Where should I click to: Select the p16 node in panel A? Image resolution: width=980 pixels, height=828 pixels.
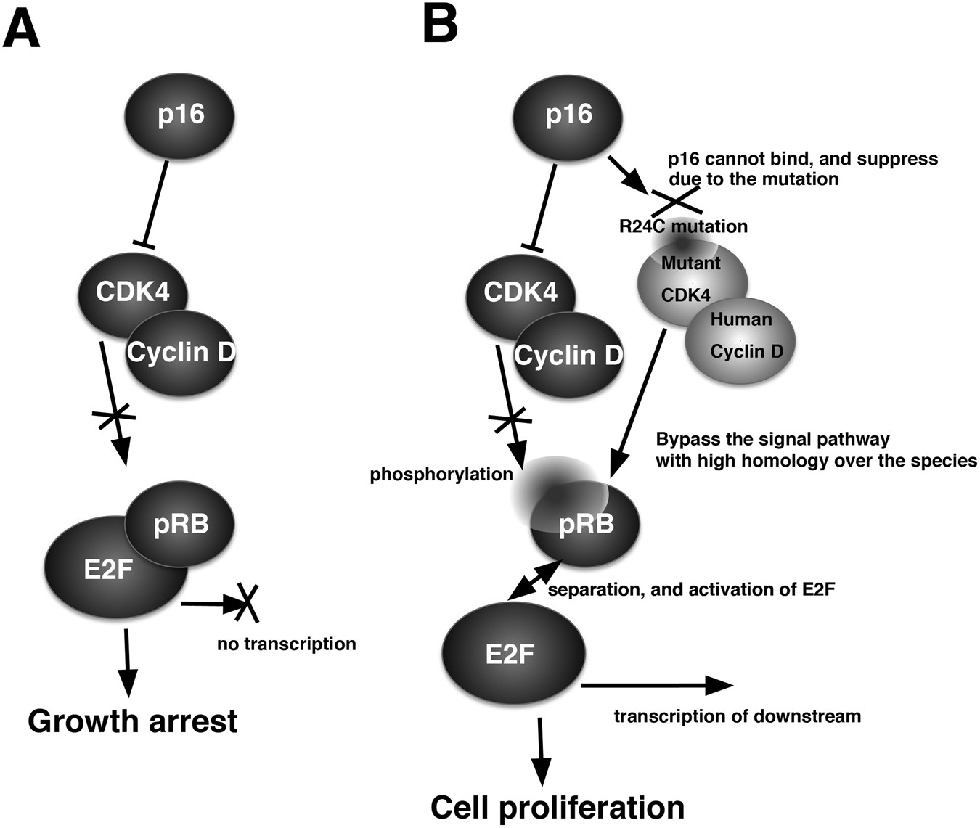pos(180,115)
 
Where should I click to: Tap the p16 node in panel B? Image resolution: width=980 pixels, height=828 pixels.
pos(568,115)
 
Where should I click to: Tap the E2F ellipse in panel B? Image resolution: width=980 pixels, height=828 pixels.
pos(510,655)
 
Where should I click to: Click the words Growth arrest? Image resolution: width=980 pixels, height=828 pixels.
pos(132,721)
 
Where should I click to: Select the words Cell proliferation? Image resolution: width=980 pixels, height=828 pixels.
pos(557,807)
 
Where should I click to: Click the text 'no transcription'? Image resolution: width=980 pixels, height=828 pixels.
pos(286,644)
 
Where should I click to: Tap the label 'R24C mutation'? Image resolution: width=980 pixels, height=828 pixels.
pos(682,226)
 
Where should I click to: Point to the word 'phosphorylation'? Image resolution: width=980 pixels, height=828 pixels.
pos(441,475)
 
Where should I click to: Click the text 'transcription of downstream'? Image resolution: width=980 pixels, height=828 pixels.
pos(737,716)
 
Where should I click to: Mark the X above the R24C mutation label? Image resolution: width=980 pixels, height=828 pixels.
pos(676,199)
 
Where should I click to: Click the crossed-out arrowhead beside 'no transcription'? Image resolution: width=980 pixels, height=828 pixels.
pos(247,603)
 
